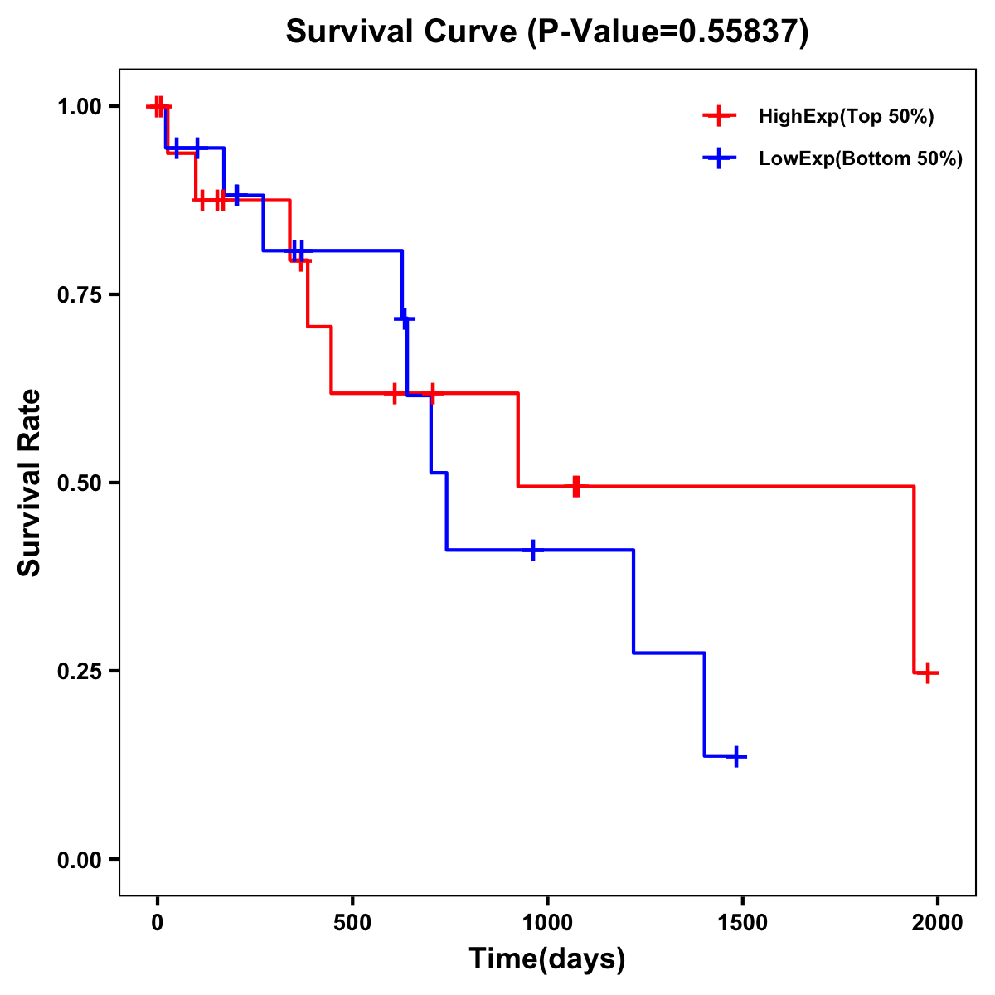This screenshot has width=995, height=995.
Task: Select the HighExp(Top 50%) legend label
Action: (847, 117)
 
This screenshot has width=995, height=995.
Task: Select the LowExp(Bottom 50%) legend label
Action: (861, 159)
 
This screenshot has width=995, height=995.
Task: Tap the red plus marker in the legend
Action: (719, 116)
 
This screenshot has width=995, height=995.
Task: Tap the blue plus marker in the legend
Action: (719, 158)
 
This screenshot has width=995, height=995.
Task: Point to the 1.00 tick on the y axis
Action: (78, 106)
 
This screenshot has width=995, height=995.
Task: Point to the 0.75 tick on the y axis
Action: (78, 294)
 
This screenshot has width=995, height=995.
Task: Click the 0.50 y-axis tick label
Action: (78, 483)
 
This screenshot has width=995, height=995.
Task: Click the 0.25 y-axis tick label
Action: (78, 671)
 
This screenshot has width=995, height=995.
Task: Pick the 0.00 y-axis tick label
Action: (78, 860)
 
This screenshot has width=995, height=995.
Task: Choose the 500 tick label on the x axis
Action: (352, 923)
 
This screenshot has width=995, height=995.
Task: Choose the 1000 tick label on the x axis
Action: (547, 923)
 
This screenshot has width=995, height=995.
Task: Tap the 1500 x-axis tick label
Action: (742, 923)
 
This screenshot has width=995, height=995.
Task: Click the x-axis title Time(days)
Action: (547, 959)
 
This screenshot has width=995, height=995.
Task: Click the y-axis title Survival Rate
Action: (30, 483)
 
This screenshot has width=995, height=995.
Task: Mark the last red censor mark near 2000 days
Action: (929, 672)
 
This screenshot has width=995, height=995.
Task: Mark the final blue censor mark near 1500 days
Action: (735, 756)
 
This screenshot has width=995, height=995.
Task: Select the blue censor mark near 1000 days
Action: (532, 550)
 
